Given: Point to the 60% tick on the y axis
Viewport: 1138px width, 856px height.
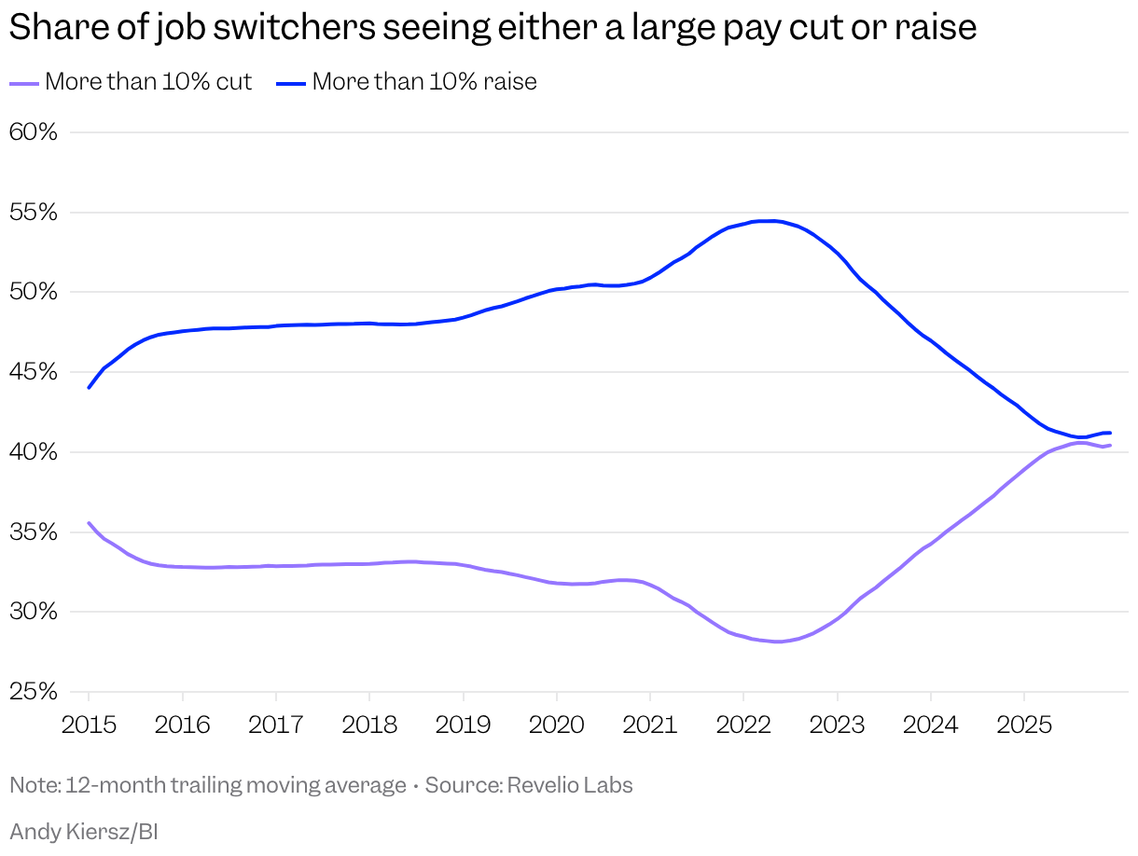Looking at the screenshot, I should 34,132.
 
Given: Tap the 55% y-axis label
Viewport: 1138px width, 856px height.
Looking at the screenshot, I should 34,213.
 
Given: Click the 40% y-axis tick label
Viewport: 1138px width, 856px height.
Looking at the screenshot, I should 34,452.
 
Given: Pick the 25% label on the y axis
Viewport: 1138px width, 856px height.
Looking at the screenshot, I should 34,692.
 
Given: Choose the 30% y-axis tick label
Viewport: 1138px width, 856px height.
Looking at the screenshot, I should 34,613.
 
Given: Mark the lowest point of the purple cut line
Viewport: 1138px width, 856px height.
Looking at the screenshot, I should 776,642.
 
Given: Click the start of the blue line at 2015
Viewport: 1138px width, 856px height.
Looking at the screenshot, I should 89,387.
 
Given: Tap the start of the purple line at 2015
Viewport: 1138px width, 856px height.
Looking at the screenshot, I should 89,523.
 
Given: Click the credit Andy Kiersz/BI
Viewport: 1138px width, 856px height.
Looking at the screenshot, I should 84,832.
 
